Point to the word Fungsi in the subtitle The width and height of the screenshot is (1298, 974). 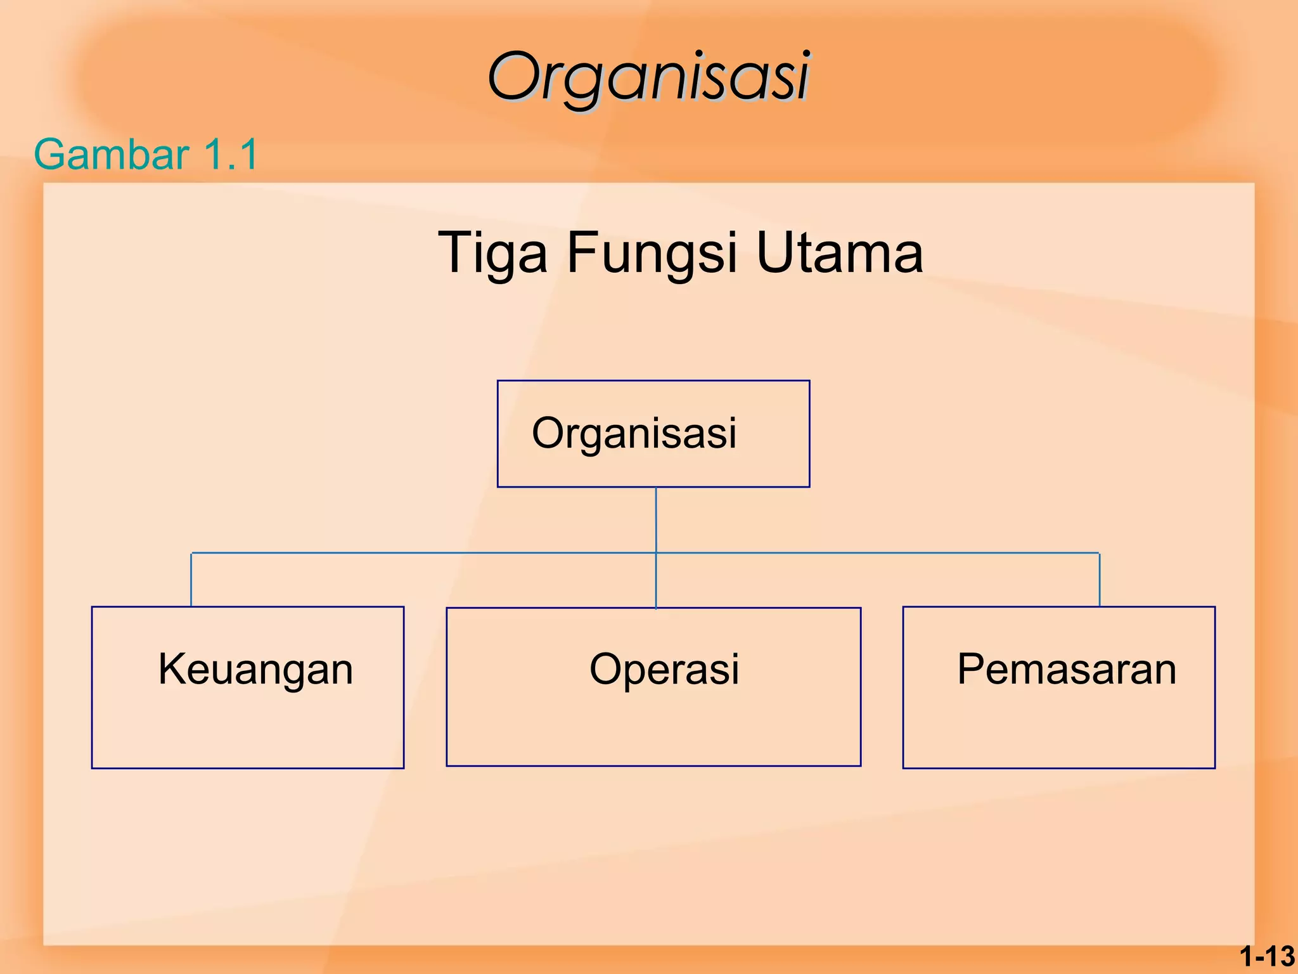pyautogui.click(x=652, y=254)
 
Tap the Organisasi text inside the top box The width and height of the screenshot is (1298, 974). pyautogui.click(x=634, y=433)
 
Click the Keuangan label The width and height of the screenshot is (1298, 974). pyautogui.click(x=255, y=669)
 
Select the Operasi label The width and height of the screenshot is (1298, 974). pyautogui.click(x=664, y=669)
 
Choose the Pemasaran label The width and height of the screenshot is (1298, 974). pyautogui.click(x=1067, y=669)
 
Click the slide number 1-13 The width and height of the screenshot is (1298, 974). pyautogui.click(x=1267, y=956)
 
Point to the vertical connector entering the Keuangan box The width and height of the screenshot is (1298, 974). pyautogui.click(x=191, y=580)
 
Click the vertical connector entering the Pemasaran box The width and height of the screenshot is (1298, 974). pyautogui.click(x=1100, y=580)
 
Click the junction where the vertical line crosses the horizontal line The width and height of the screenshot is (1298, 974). pyautogui.click(x=656, y=553)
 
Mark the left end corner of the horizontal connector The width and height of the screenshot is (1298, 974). pyautogui.click(x=191, y=554)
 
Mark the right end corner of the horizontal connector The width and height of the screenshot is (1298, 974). pyautogui.click(x=1100, y=554)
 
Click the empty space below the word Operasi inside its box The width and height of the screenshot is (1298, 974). pyautogui.click(x=653, y=729)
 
